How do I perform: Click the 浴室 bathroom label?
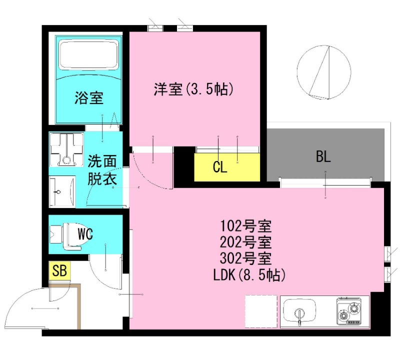(89, 98)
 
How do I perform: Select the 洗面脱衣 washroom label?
(102, 170)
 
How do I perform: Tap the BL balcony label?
(323, 157)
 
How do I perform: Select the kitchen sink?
(299, 311)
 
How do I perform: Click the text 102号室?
(245, 226)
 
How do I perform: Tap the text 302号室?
(245, 259)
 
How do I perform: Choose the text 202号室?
(245, 242)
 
